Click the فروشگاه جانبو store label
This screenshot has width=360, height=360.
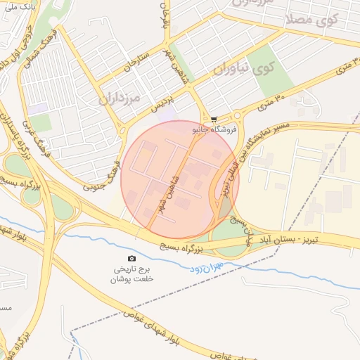tap(214, 129)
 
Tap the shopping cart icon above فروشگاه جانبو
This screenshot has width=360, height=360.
tap(214, 120)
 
